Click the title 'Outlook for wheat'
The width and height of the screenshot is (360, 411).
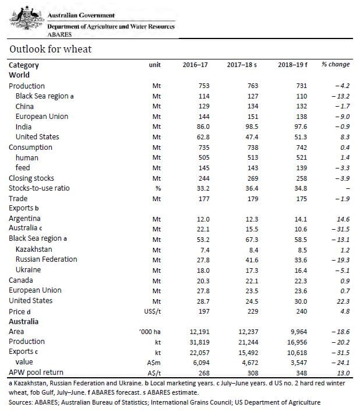pyautogui.click(x=51, y=49)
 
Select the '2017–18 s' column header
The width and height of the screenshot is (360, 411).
pyautogui.click(x=242, y=65)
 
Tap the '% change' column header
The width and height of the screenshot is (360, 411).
pyautogui.click(x=336, y=65)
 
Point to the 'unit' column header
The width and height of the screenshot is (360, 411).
pyautogui.click(x=155, y=65)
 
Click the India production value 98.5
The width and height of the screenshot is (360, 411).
pyautogui.click(x=252, y=127)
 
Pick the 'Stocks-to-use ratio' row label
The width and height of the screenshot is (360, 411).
pyautogui.click(x=39, y=188)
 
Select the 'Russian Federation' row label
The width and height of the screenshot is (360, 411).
pyautogui.click(x=47, y=259)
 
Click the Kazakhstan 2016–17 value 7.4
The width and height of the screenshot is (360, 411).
pyautogui.click(x=204, y=250)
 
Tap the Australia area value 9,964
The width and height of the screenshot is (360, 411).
pyautogui.click(x=298, y=332)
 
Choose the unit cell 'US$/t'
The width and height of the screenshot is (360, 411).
pyautogui.click(x=153, y=311)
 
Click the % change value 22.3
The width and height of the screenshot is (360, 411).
pyautogui.click(x=343, y=301)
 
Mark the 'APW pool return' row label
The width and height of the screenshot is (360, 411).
pyautogui.click(x=36, y=373)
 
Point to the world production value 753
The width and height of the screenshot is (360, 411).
pyautogui.click(x=204, y=86)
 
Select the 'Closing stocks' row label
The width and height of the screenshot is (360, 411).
pyautogui.click(x=31, y=178)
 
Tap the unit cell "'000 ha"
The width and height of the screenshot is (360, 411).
pyautogui.click(x=150, y=332)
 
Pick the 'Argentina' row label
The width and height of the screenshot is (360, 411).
pyautogui.click(x=24, y=219)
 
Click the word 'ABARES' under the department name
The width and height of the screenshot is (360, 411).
pyautogui.click(x=59, y=34)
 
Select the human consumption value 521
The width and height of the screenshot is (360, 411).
pyautogui.click(x=301, y=157)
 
